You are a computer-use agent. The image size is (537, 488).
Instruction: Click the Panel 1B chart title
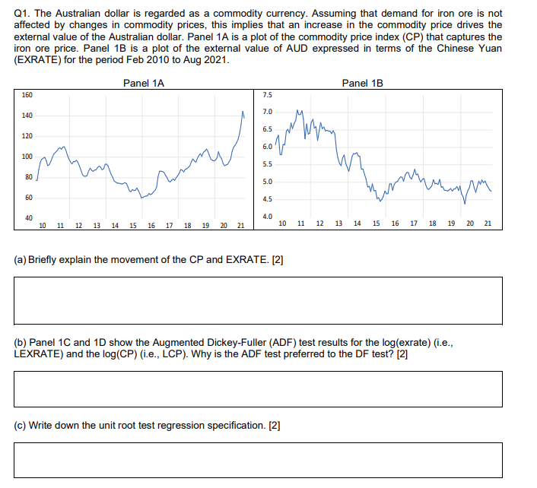click(362, 83)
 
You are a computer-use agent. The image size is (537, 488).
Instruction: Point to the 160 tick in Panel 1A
click(27, 95)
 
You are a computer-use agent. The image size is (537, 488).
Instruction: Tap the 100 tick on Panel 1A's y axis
click(27, 157)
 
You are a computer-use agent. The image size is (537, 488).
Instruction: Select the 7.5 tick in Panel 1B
click(266, 95)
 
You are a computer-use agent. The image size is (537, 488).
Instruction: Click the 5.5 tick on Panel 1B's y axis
click(266, 164)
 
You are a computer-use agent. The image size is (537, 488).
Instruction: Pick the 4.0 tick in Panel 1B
click(266, 217)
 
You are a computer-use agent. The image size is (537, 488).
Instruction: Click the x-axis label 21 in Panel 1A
click(240, 226)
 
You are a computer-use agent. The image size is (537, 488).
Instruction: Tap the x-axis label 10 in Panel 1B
click(283, 223)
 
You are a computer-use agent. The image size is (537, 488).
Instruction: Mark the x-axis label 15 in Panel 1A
click(133, 226)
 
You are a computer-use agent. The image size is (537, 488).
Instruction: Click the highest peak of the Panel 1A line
click(243, 112)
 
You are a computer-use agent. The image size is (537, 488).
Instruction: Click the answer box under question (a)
click(258, 300)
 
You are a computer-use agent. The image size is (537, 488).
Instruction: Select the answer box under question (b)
click(258, 388)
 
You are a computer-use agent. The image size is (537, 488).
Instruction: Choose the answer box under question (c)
click(258, 460)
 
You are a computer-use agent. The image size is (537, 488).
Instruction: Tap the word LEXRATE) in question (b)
click(40, 354)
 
